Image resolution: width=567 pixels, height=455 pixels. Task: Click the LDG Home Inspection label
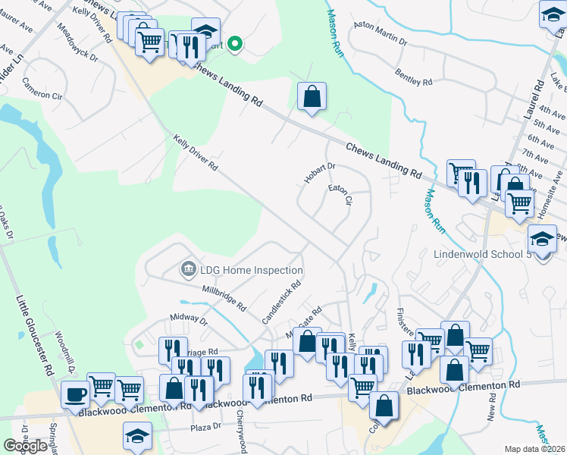click(x=252, y=270)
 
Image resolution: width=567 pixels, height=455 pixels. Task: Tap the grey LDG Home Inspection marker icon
click(x=187, y=269)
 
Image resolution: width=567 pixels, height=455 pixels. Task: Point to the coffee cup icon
click(x=76, y=394)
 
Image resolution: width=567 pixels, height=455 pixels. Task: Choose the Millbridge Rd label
click(x=224, y=298)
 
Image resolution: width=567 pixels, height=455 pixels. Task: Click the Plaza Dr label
click(x=206, y=426)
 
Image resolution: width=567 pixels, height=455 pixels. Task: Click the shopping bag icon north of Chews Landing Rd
click(x=312, y=96)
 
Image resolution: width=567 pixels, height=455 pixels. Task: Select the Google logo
click(x=26, y=446)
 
